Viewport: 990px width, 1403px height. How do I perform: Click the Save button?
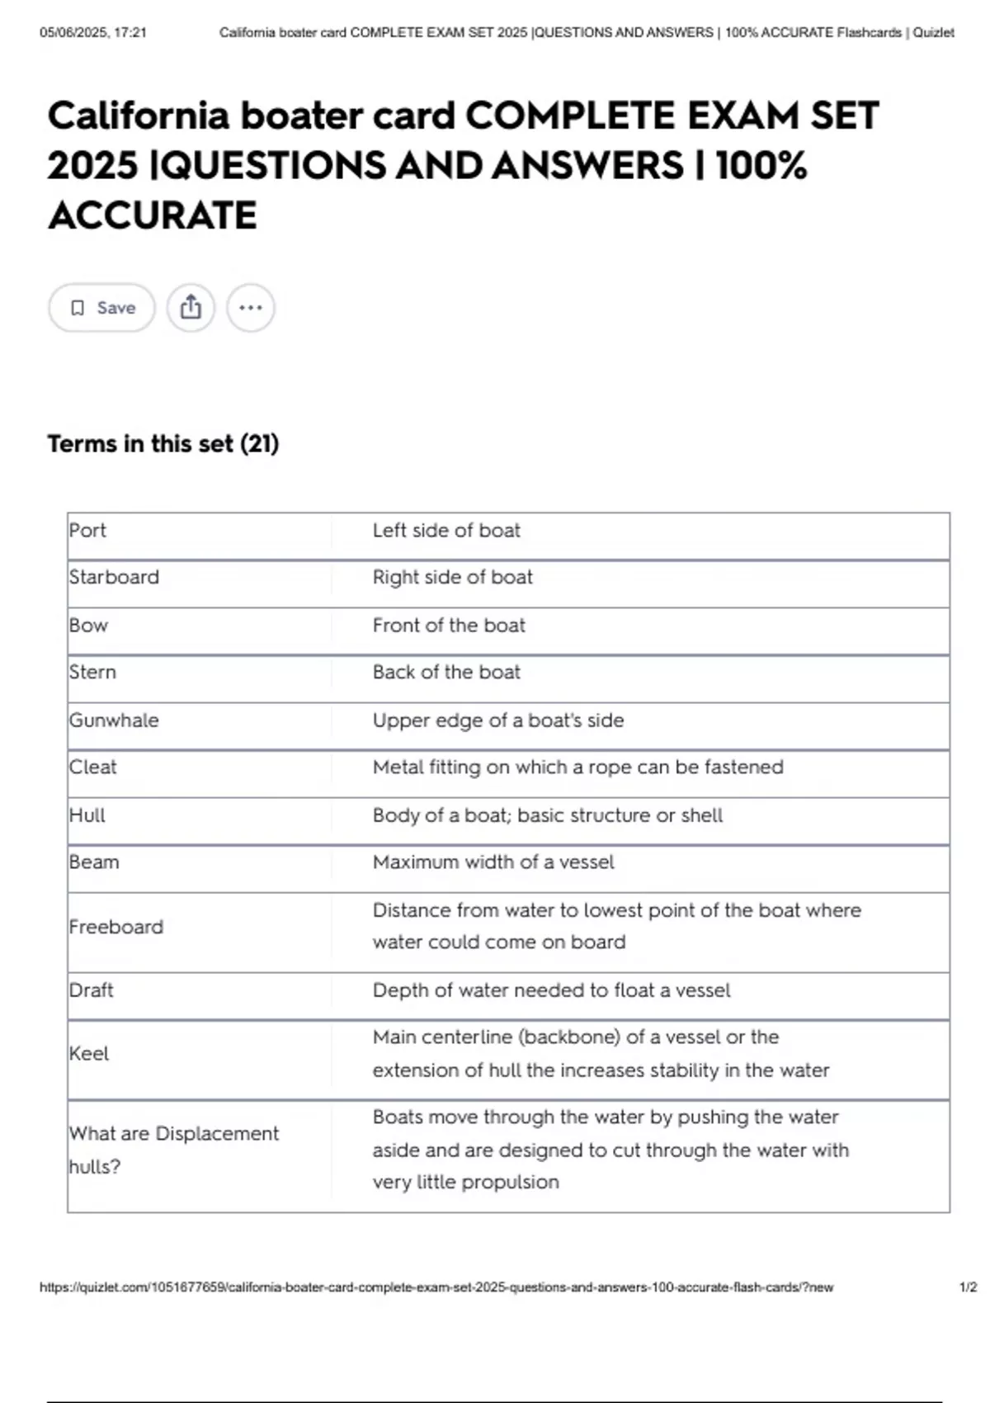[101, 308]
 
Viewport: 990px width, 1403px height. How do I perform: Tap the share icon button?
[191, 308]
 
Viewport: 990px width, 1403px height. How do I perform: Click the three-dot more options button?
[251, 308]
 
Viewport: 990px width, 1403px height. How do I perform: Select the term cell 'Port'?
[88, 531]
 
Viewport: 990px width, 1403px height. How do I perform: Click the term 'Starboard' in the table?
[115, 577]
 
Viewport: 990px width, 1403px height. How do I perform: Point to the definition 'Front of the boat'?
[449, 626]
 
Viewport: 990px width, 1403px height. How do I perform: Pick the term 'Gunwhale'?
[114, 720]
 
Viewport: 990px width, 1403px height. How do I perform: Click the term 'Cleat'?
[93, 768]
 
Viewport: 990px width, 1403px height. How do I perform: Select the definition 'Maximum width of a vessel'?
[493, 862]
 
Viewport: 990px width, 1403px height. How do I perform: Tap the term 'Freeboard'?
[116, 927]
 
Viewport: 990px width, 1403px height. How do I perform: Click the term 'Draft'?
[92, 990]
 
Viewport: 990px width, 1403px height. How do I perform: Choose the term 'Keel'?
[89, 1054]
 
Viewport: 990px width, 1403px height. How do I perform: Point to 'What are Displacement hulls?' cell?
[173, 1150]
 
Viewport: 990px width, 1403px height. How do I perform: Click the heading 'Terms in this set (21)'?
[163, 444]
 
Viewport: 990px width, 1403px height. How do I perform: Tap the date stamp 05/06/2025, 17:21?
[93, 33]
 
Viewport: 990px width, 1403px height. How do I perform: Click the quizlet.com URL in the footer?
[436, 1287]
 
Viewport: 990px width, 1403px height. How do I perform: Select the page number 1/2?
[968, 1287]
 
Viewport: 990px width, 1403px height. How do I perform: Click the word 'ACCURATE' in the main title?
[153, 215]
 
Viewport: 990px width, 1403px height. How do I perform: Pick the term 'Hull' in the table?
[87, 815]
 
